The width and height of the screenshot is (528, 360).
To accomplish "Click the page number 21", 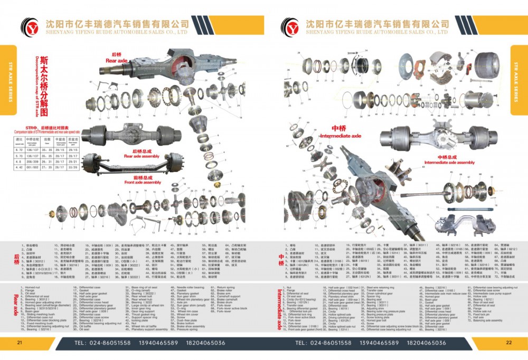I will (20, 343).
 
